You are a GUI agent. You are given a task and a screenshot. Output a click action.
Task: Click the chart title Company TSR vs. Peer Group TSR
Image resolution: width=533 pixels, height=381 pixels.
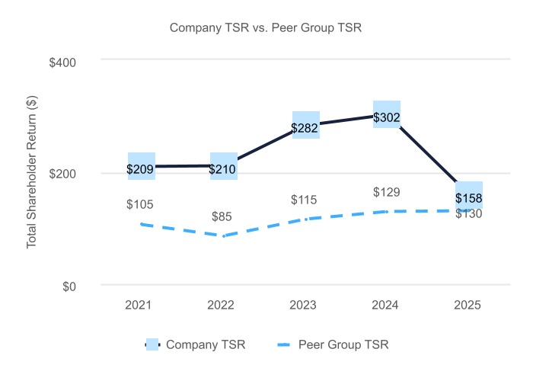click(265, 28)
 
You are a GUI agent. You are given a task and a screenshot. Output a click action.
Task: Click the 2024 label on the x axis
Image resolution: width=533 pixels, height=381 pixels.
click(387, 305)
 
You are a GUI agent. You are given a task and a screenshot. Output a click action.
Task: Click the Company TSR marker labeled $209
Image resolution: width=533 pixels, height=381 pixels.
click(141, 166)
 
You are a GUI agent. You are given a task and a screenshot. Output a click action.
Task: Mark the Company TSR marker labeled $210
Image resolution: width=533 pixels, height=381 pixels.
click(223, 166)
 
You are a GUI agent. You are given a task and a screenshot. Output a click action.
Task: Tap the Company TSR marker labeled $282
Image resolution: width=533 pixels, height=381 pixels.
click(305, 126)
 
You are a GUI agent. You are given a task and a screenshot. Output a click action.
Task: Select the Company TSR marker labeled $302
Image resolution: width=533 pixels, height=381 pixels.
click(387, 114)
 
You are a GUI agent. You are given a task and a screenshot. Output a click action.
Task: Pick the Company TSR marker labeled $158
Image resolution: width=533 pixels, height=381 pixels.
click(469, 196)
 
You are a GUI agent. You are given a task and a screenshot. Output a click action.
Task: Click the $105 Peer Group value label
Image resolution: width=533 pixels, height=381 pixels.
click(140, 204)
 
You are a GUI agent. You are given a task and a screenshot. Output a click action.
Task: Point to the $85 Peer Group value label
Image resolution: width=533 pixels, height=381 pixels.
click(222, 216)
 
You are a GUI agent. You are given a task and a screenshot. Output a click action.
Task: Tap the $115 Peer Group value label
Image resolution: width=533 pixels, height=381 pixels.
click(303, 200)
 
